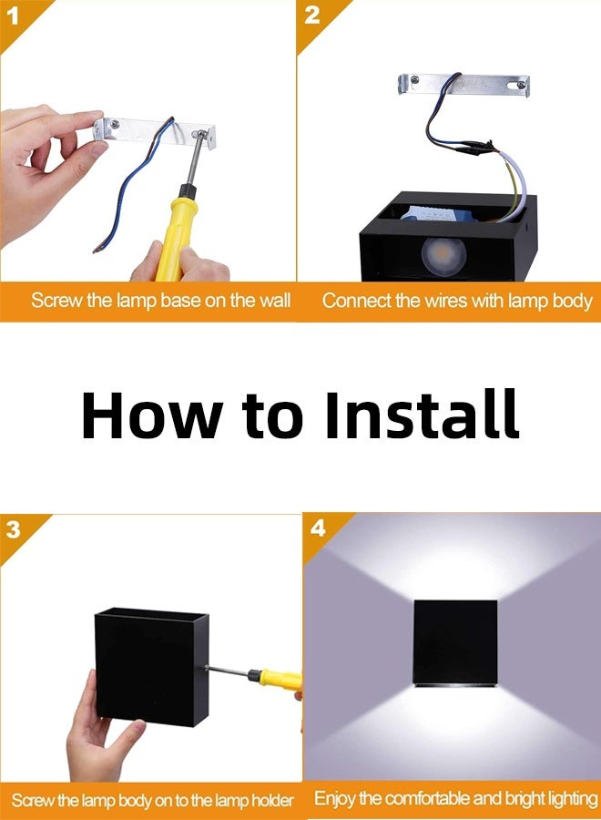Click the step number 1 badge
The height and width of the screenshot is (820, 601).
point(14,14)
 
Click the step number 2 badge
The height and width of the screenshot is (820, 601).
point(312,14)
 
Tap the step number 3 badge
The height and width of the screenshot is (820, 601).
point(14,529)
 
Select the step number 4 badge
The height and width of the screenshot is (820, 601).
point(318,528)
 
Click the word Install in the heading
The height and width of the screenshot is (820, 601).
point(422,415)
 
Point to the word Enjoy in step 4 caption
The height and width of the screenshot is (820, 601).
point(334,799)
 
